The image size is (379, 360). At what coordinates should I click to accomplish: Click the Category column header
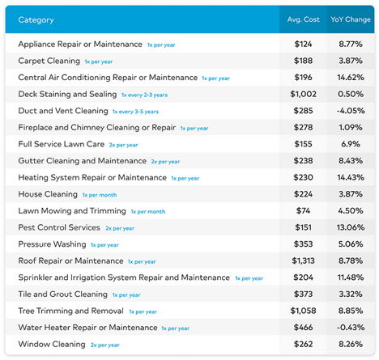[36, 20]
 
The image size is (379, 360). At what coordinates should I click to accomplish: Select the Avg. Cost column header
[303, 19]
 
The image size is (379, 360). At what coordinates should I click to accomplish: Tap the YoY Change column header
[351, 19]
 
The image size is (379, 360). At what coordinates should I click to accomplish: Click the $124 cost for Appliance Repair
[303, 44]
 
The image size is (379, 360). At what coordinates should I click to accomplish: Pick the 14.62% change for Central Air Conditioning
[351, 78]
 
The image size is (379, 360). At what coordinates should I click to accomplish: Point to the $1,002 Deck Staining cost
[303, 94]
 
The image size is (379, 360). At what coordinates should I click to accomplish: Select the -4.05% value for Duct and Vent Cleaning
[351, 111]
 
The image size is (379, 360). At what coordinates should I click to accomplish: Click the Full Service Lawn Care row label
[62, 144]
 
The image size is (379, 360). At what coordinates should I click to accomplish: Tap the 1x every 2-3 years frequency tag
[144, 95]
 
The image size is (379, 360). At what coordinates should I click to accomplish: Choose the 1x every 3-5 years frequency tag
[135, 112]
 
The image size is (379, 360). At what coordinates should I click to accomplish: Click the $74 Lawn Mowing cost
[303, 210]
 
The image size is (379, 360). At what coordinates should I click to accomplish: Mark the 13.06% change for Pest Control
[351, 227]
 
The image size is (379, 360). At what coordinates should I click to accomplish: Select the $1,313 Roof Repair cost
[303, 260]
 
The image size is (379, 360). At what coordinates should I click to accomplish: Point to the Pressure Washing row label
[52, 244]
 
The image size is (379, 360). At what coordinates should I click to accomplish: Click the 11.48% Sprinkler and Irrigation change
[351, 277]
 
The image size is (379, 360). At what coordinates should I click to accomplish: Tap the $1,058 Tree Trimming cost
[303, 311]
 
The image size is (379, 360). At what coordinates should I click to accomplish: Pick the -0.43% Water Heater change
[351, 328]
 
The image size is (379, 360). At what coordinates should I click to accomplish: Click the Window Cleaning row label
[52, 344]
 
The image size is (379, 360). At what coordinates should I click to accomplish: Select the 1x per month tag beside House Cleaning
[100, 195]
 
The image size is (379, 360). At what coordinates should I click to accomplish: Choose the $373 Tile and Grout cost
[303, 294]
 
